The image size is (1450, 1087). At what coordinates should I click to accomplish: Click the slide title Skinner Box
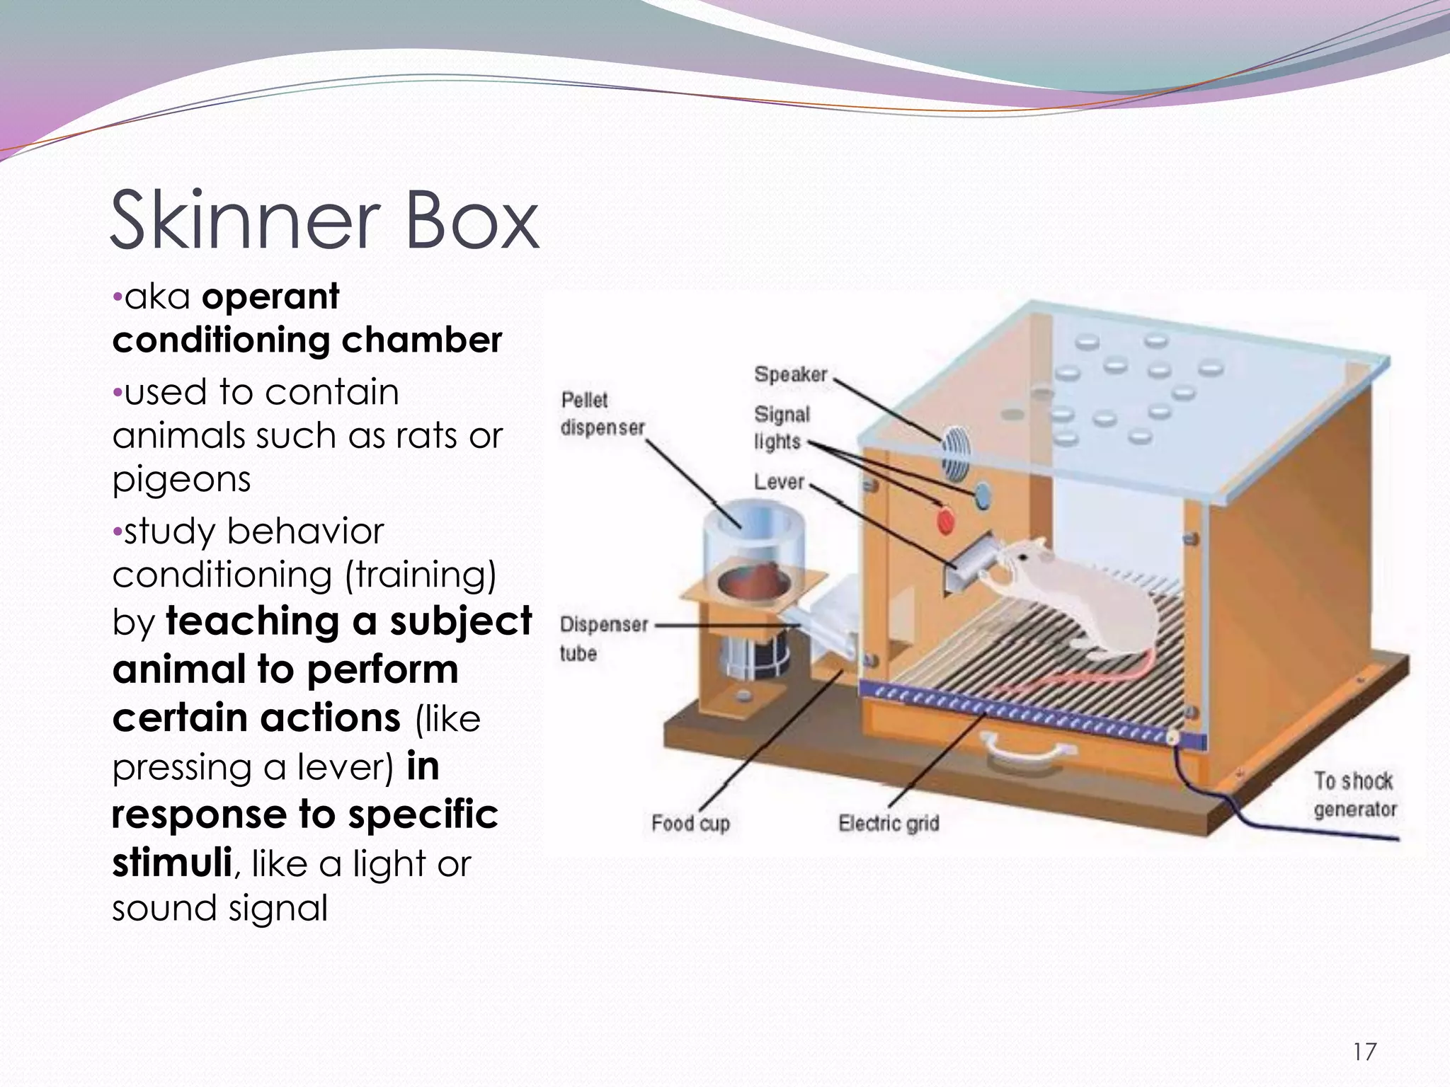click(x=324, y=221)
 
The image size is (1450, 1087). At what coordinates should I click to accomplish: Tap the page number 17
click(x=1364, y=1052)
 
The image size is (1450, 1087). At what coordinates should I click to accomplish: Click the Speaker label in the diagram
click(x=790, y=374)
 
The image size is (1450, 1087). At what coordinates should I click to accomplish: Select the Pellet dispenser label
click(x=602, y=414)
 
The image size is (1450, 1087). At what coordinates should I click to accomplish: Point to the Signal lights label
click(x=780, y=427)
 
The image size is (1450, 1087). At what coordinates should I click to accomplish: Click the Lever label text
click(x=778, y=483)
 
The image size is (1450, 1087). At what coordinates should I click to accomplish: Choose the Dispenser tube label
click(x=603, y=638)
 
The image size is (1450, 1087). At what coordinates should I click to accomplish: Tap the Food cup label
click(x=690, y=824)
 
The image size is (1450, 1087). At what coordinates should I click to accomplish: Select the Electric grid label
click(x=889, y=824)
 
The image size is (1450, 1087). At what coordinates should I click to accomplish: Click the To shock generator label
click(x=1354, y=795)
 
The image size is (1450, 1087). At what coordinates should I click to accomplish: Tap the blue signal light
click(x=983, y=495)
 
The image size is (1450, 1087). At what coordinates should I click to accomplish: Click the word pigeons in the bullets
click(x=182, y=480)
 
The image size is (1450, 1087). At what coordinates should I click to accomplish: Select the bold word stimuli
click(x=172, y=863)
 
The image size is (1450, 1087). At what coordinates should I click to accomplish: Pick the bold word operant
click(x=270, y=297)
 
